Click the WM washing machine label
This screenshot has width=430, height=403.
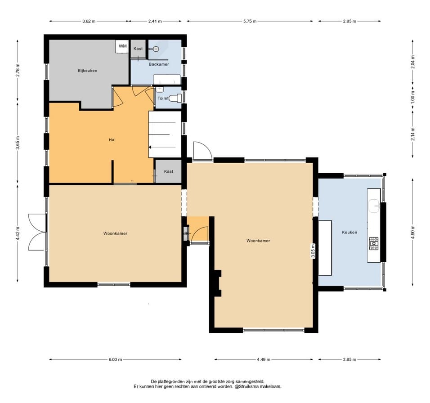click(x=123, y=46)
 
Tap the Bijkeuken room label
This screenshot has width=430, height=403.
click(x=87, y=71)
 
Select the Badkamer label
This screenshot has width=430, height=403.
click(x=159, y=64)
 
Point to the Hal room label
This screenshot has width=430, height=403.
click(x=112, y=139)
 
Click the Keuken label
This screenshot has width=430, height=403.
click(x=349, y=232)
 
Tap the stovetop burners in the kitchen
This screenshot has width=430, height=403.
click(x=373, y=243)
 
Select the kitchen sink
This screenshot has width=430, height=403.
click(x=374, y=206)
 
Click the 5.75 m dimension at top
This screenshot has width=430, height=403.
click(x=250, y=21)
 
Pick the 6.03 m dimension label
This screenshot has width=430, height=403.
click(x=115, y=359)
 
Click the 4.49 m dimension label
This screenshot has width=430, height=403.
click(x=264, y=359)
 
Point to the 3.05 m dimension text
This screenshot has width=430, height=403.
click(x=313, y=251)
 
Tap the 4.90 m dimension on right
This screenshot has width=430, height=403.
click(x=413, y=232)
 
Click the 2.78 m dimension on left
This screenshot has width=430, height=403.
click(x=18, y=70)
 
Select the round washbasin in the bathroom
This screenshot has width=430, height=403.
click(x=156, y=49)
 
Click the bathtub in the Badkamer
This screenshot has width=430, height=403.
click(x=167, y=80)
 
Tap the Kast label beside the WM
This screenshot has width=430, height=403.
click(x=138, y=49)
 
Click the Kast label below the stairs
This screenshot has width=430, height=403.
click(x=169, y=171)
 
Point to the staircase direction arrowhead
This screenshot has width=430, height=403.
click(x=150, y=147)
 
